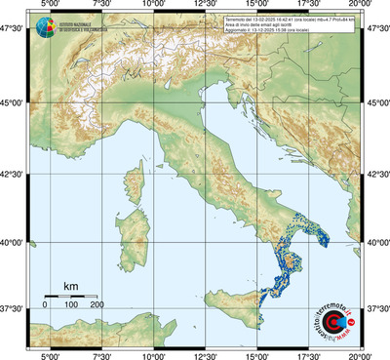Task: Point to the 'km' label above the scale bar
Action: point(70,285)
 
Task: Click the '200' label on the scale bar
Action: point(97,305)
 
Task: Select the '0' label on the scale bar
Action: point(45,305)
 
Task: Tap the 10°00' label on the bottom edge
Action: point(153,353)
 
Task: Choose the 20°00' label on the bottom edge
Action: point(362,353)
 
